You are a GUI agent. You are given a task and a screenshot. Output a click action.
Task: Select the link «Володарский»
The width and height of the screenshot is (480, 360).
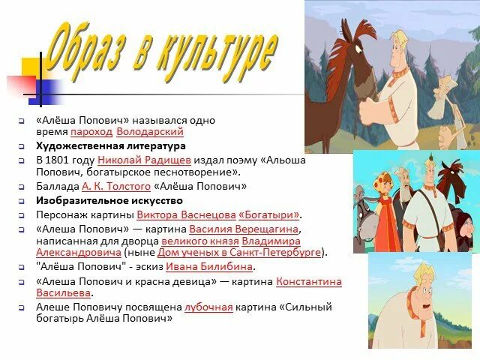point(150,131)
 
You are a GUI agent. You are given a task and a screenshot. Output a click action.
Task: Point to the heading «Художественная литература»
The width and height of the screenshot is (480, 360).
point(110,145)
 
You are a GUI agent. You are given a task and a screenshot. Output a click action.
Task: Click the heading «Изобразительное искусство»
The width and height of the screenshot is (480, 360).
point(109,200)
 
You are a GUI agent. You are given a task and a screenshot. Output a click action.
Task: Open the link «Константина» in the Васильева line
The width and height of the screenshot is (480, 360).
point(308,281)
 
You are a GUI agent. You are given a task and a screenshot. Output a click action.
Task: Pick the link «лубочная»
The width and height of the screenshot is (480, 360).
point(205,307)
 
